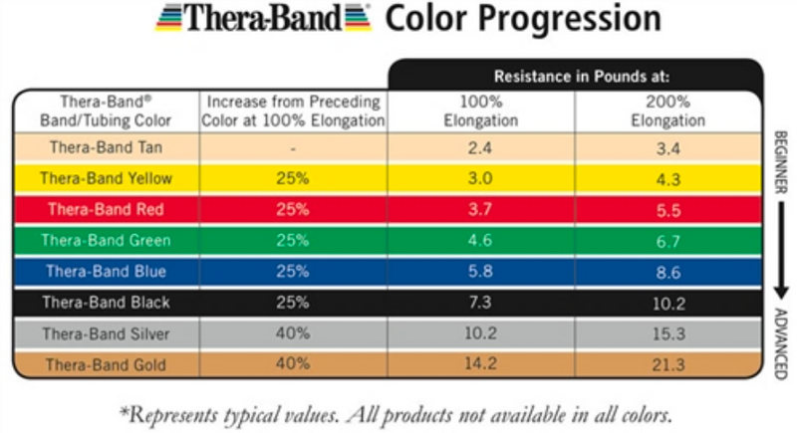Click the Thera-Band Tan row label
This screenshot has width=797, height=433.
point(105,147)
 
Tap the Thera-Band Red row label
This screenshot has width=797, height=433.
point(105,209)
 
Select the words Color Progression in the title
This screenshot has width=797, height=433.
point(522,20)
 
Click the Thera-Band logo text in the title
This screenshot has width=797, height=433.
point(264,20)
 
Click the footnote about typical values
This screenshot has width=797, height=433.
point(398,411)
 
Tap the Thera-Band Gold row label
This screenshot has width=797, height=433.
point(105,365)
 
